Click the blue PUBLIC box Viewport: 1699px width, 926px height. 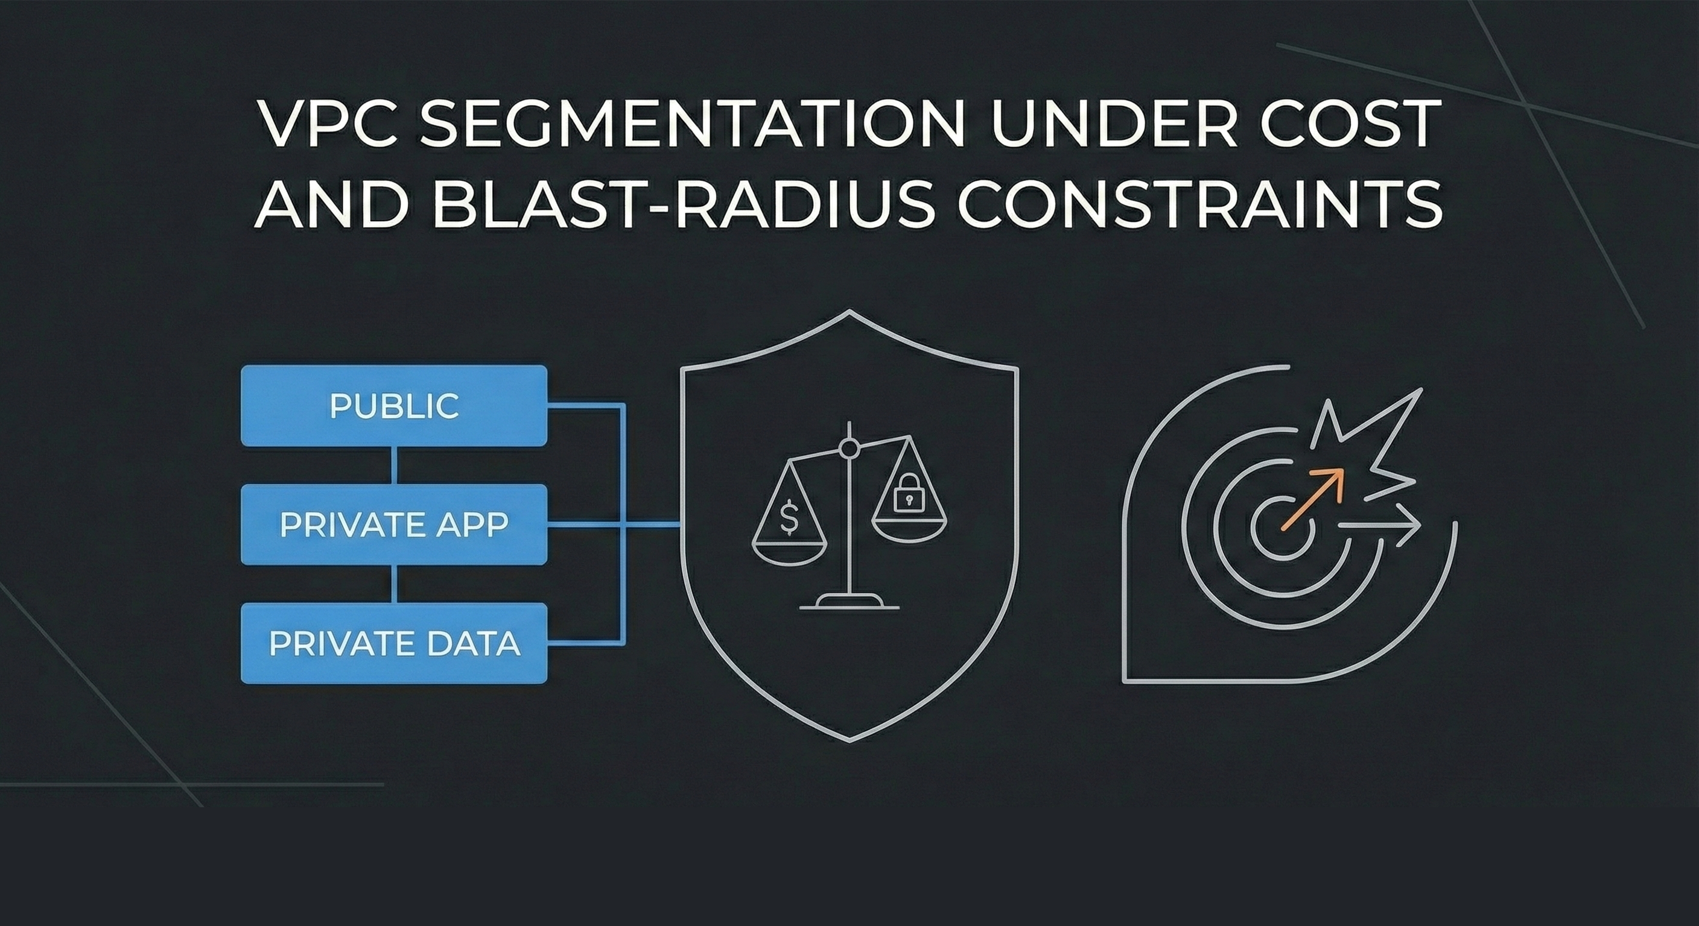(x=394, y=405)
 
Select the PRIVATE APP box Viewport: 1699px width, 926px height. (x=394, y=524)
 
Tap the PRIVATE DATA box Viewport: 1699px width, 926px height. (x=394, y=643)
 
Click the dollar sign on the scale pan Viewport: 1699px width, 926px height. (x=788, y=517)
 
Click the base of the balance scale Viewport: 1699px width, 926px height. (x=850, y=601)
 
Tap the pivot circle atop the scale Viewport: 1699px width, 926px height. (x=850, y=449)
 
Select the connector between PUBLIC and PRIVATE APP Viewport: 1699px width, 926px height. (x=394, y=465)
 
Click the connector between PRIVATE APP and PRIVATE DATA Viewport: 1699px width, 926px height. (x=394, y=584)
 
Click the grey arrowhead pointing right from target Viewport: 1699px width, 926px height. (x=1408, y=524)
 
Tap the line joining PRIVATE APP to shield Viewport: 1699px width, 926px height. (x=650, y=524)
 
